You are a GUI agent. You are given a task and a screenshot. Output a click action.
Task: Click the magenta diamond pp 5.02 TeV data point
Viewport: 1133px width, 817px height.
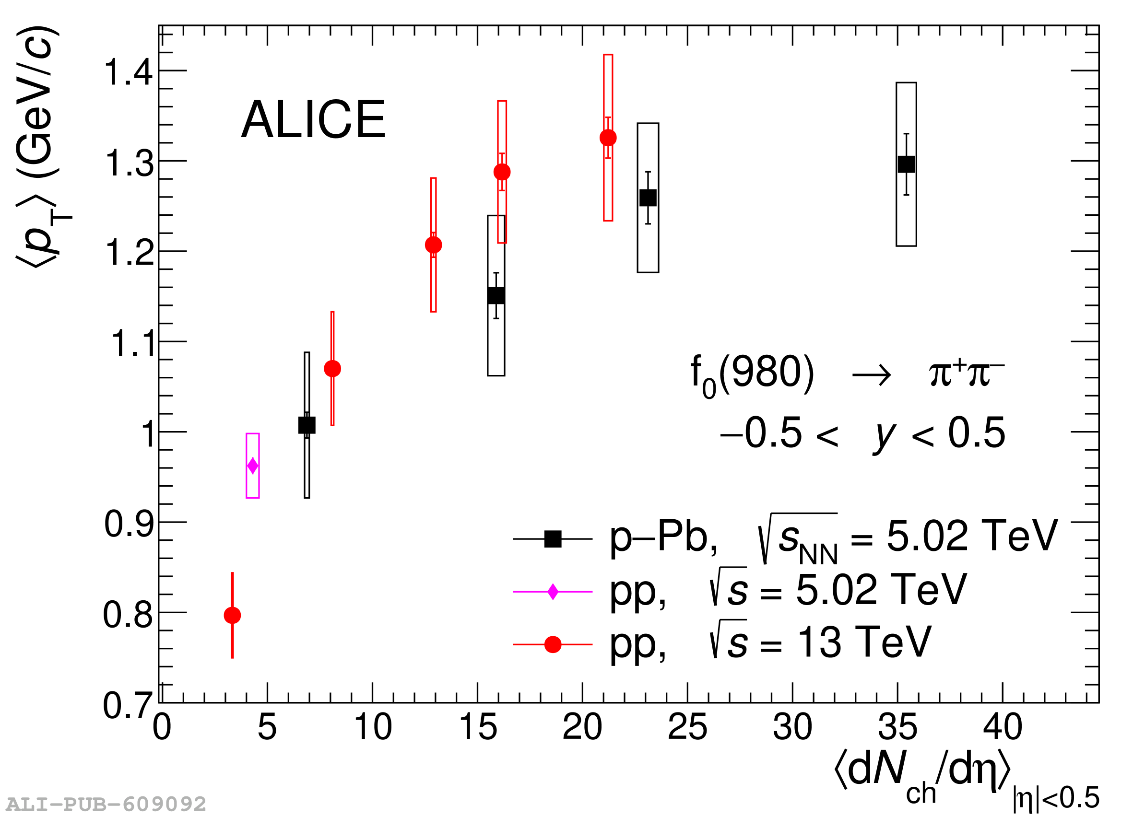[x=253, y=466]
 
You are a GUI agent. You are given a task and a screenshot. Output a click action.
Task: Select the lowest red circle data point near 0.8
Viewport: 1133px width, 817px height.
[x=232, y=615]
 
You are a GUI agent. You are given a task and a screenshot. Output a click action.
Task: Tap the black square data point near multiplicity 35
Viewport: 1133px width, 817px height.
[x=906, y=164]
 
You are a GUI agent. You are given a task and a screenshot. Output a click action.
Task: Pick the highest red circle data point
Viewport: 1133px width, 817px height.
[x=608, y=137]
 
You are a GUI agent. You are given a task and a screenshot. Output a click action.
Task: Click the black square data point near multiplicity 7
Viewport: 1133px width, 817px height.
[x=307, y=425]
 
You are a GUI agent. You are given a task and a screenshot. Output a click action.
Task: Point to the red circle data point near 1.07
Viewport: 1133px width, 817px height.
[x=332, y=369]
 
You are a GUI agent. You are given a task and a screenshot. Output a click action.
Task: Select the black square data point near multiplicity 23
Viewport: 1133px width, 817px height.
[x=648, y=198]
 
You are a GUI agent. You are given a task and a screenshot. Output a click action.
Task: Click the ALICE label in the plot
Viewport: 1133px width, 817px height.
[x=313, y=120]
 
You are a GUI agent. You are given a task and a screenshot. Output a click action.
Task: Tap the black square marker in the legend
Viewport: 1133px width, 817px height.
[x=553, y=539]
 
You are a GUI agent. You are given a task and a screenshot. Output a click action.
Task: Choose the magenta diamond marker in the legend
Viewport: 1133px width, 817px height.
[x=553, y=592]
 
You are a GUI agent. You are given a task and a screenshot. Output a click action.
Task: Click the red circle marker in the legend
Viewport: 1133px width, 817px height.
[x=553, y=645]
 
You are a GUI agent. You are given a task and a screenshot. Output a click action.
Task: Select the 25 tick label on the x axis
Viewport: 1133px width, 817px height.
[x=687, y=728]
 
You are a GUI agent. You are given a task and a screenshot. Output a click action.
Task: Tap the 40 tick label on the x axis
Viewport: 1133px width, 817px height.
[x=1003, y=728]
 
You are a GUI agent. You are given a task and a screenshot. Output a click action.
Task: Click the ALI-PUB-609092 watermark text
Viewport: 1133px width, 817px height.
[x=106, y=805]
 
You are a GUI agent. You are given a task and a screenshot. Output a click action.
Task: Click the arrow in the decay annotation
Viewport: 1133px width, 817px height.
[x=871, y=375]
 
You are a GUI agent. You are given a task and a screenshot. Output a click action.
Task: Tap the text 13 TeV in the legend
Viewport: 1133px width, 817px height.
[x=865, y=642]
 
